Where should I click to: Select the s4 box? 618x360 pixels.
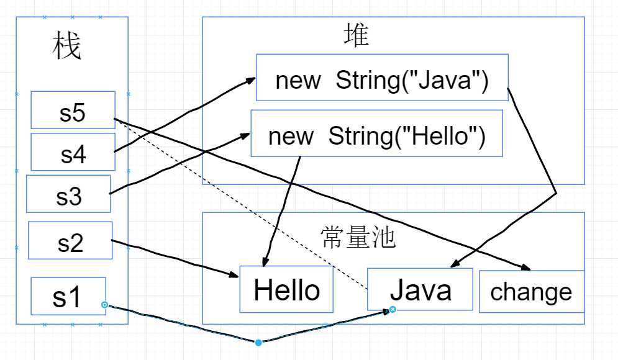coord(73,152)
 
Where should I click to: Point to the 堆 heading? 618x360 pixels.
coord(356,35)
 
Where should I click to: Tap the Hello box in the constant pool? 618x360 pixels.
coord(286,290)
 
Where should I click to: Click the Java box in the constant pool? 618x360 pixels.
coord(420,289)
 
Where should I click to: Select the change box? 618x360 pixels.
coord(531,291)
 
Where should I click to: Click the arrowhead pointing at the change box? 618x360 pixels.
coord(527,268)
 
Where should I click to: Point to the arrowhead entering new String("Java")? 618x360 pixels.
coord(251,79)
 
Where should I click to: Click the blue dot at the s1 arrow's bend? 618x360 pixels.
coord(258,342)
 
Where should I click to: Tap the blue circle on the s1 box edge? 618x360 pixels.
coord(104,305)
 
